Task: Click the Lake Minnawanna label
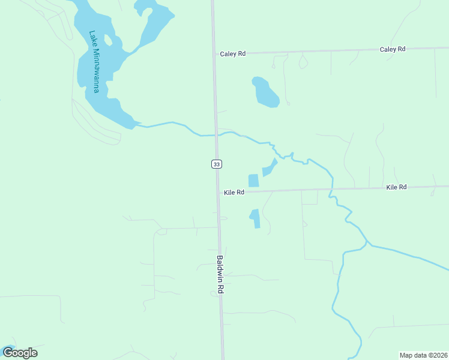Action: click(94, 62)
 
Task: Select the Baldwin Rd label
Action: click(220, 275)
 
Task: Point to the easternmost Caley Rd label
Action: click(393, 49)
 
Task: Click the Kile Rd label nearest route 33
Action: click(234, 193)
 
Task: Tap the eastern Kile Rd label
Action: click(397, 188)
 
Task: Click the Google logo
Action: click(20, 353)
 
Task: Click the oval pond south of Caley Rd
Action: click(265, 92)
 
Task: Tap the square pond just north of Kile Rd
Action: click(253, 180)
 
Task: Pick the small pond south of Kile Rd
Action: click(255, 218)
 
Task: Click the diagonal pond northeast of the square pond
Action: click(270, 167)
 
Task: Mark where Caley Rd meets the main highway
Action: click(214, 54)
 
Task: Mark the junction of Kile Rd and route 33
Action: click(218, 193)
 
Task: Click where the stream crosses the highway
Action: click(215, 135)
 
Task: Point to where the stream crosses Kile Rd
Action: click(330, 190)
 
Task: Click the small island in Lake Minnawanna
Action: click(109, 41)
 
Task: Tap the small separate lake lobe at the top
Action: click(145, 8)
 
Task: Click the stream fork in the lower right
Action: click(367, 243)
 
